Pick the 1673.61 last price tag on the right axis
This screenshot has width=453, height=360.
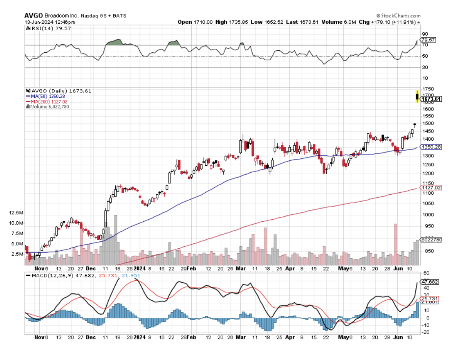pos(432,99)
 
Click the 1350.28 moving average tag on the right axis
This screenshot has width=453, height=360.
pos(431,147)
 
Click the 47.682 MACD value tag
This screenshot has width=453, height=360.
pos(431,282)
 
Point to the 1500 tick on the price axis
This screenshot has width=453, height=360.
pos(428,123)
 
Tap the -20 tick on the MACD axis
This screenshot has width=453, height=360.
pos(426,332)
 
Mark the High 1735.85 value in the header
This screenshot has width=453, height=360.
pos(226,22)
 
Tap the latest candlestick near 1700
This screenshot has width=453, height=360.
pos(417,97)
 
